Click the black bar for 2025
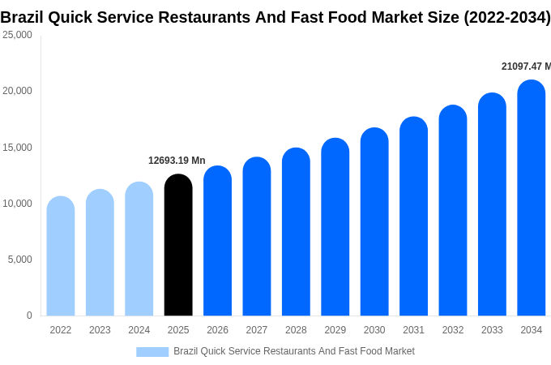178,245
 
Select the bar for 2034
532,198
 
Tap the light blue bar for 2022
61,256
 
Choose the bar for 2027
257,236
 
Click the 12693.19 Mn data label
177,161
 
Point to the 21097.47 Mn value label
526,67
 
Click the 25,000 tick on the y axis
17,35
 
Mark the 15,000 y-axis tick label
17,148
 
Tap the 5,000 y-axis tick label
19,260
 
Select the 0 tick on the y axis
29,316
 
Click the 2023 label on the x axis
100,330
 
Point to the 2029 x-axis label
335,330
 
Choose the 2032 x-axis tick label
453,330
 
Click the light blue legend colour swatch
152,352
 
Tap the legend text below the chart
294,351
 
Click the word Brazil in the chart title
23,17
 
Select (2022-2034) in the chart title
506,17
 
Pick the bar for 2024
139,249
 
